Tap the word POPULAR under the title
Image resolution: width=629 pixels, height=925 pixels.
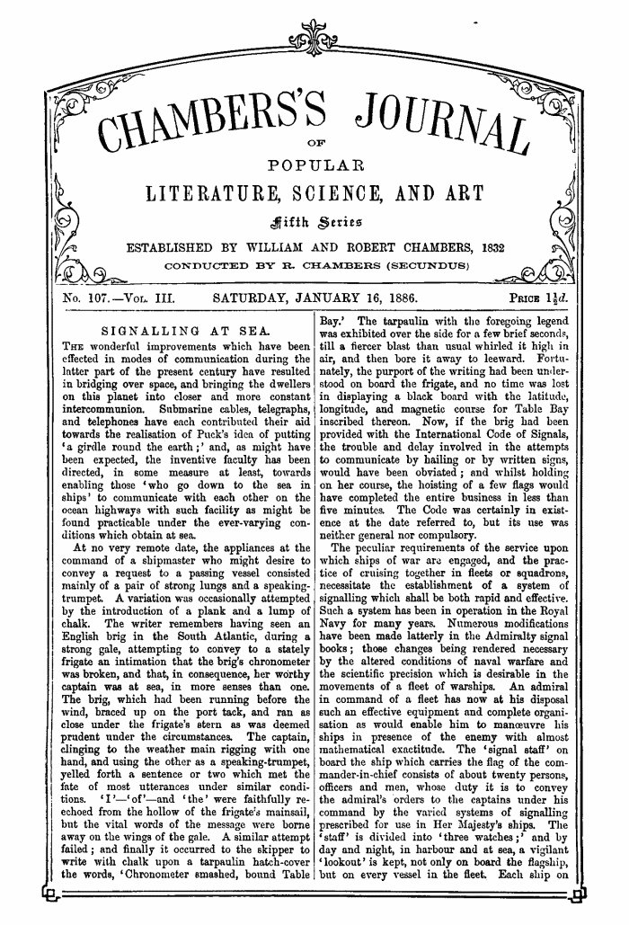[x=314, y=166]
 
